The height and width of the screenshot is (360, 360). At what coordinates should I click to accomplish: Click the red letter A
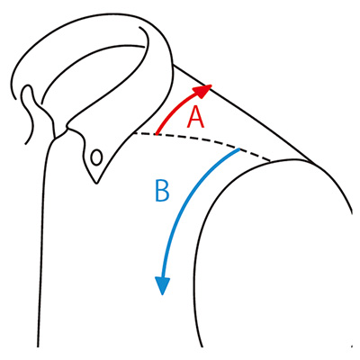click(x=195, y=118)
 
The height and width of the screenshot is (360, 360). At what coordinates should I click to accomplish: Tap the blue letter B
click(x=162, y=190)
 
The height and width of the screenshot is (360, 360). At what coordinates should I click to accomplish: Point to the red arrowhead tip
click(x=211, y=85)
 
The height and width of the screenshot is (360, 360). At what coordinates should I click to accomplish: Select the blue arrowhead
click(x=162, y=285)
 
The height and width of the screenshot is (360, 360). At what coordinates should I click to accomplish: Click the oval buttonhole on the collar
click(x=96, y=157)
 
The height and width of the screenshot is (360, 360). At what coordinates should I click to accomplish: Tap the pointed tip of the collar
click(x=96, y=183)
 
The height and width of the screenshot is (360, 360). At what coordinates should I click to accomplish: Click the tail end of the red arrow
click(x=157, y=134)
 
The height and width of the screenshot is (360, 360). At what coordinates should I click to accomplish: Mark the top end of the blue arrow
click(x=239, y=149)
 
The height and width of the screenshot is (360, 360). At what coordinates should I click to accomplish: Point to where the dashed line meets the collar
click(x=133, y=134)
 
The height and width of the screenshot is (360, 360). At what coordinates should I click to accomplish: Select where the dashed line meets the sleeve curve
click(x=271, y=160)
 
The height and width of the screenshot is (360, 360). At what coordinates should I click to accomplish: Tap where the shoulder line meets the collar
click(x=174, y=65)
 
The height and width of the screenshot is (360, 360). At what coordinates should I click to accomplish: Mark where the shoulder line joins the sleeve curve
click(x=313, y=163)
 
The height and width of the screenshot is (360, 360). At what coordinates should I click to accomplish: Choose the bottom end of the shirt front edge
click(x=38, y=347)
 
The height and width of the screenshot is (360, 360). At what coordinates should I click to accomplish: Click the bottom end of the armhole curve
click(x=202, y=347)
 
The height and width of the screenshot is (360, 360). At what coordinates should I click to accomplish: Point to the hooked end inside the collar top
click(x=140, y=28)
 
